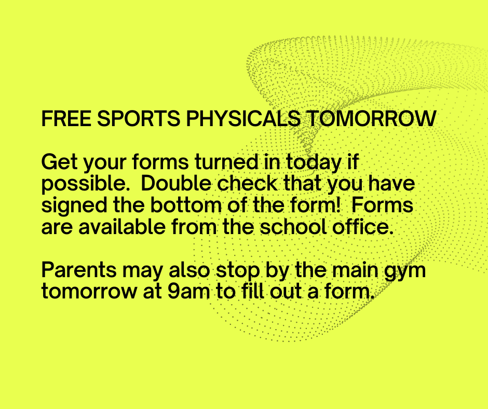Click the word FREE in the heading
point(66,118)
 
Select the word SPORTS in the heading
point(139,118)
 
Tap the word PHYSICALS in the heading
point(243,118)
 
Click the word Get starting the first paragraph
point(60,162)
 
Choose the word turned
point(226,162)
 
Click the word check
point(247,183)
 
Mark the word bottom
point(186,205)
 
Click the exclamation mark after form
point(338,205)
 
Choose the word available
point(121,227)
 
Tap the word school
point(293,227)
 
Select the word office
point(363,227)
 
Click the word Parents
point(79,270)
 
